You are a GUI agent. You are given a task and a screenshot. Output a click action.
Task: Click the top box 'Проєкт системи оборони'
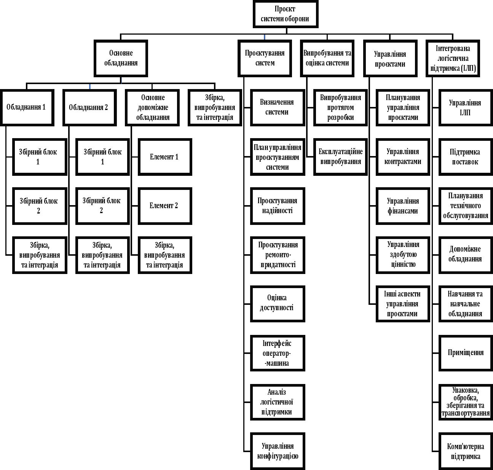pos(286,14)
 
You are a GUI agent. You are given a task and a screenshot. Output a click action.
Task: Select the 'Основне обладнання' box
pos(121,58)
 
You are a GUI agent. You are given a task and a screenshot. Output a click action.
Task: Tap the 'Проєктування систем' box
pos(265,58)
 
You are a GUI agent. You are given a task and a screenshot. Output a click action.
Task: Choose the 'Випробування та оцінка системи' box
pos(327,58)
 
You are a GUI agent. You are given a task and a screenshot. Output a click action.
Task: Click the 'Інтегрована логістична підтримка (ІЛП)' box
pos(453,58)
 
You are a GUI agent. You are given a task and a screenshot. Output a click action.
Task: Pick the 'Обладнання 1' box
pos(27,108)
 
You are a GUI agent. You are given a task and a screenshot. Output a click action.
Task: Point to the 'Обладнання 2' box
pos(89,108)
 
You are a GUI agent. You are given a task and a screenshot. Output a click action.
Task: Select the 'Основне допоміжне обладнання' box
pos(152,108)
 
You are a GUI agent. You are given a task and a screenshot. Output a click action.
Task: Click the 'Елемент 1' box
pos(165,157)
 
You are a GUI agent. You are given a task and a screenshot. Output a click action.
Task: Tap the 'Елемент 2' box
pos(165,206)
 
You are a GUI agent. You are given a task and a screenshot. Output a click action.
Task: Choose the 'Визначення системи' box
pos(278,108)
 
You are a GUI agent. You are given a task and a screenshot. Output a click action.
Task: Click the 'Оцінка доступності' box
pos(278,304)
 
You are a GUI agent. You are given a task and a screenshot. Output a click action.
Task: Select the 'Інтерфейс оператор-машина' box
pos(278,353)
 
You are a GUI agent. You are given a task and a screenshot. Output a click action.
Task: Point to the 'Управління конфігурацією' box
pos(278,451)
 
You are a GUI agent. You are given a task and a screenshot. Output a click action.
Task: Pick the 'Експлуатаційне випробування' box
pos(341,157)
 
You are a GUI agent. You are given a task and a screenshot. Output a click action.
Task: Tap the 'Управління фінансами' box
pos(403,206)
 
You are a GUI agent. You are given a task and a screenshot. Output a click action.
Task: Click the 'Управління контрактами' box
pos(403,157)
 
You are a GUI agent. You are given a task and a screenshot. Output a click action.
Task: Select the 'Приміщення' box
pos(466,353)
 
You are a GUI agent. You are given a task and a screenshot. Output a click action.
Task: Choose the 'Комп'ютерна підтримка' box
pos(466,451)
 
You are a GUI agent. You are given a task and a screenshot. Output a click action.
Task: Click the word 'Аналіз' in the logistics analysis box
pos(277,392)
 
